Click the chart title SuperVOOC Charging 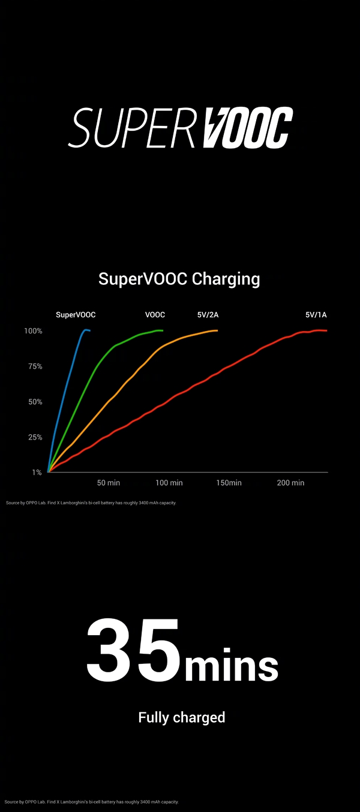[x=179, y=279]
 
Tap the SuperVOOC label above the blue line [x=76, y=315]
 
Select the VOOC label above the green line [x=155, y=315]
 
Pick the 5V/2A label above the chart [x=208, y=315]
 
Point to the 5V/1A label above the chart [x=316, y=315]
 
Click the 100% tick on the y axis [x=33, y=331]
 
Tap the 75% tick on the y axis [x=34, y=366]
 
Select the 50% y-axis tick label [x=34, y=402]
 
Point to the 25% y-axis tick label [x=34, y=437]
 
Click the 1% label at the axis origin [x=37, y=473]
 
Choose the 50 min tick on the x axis [x=109, y=483]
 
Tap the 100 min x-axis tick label [x=169, y=483]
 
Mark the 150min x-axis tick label [x=229, y=483]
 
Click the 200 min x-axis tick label [x=290, y=483]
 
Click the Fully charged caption [x=181, y=717]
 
